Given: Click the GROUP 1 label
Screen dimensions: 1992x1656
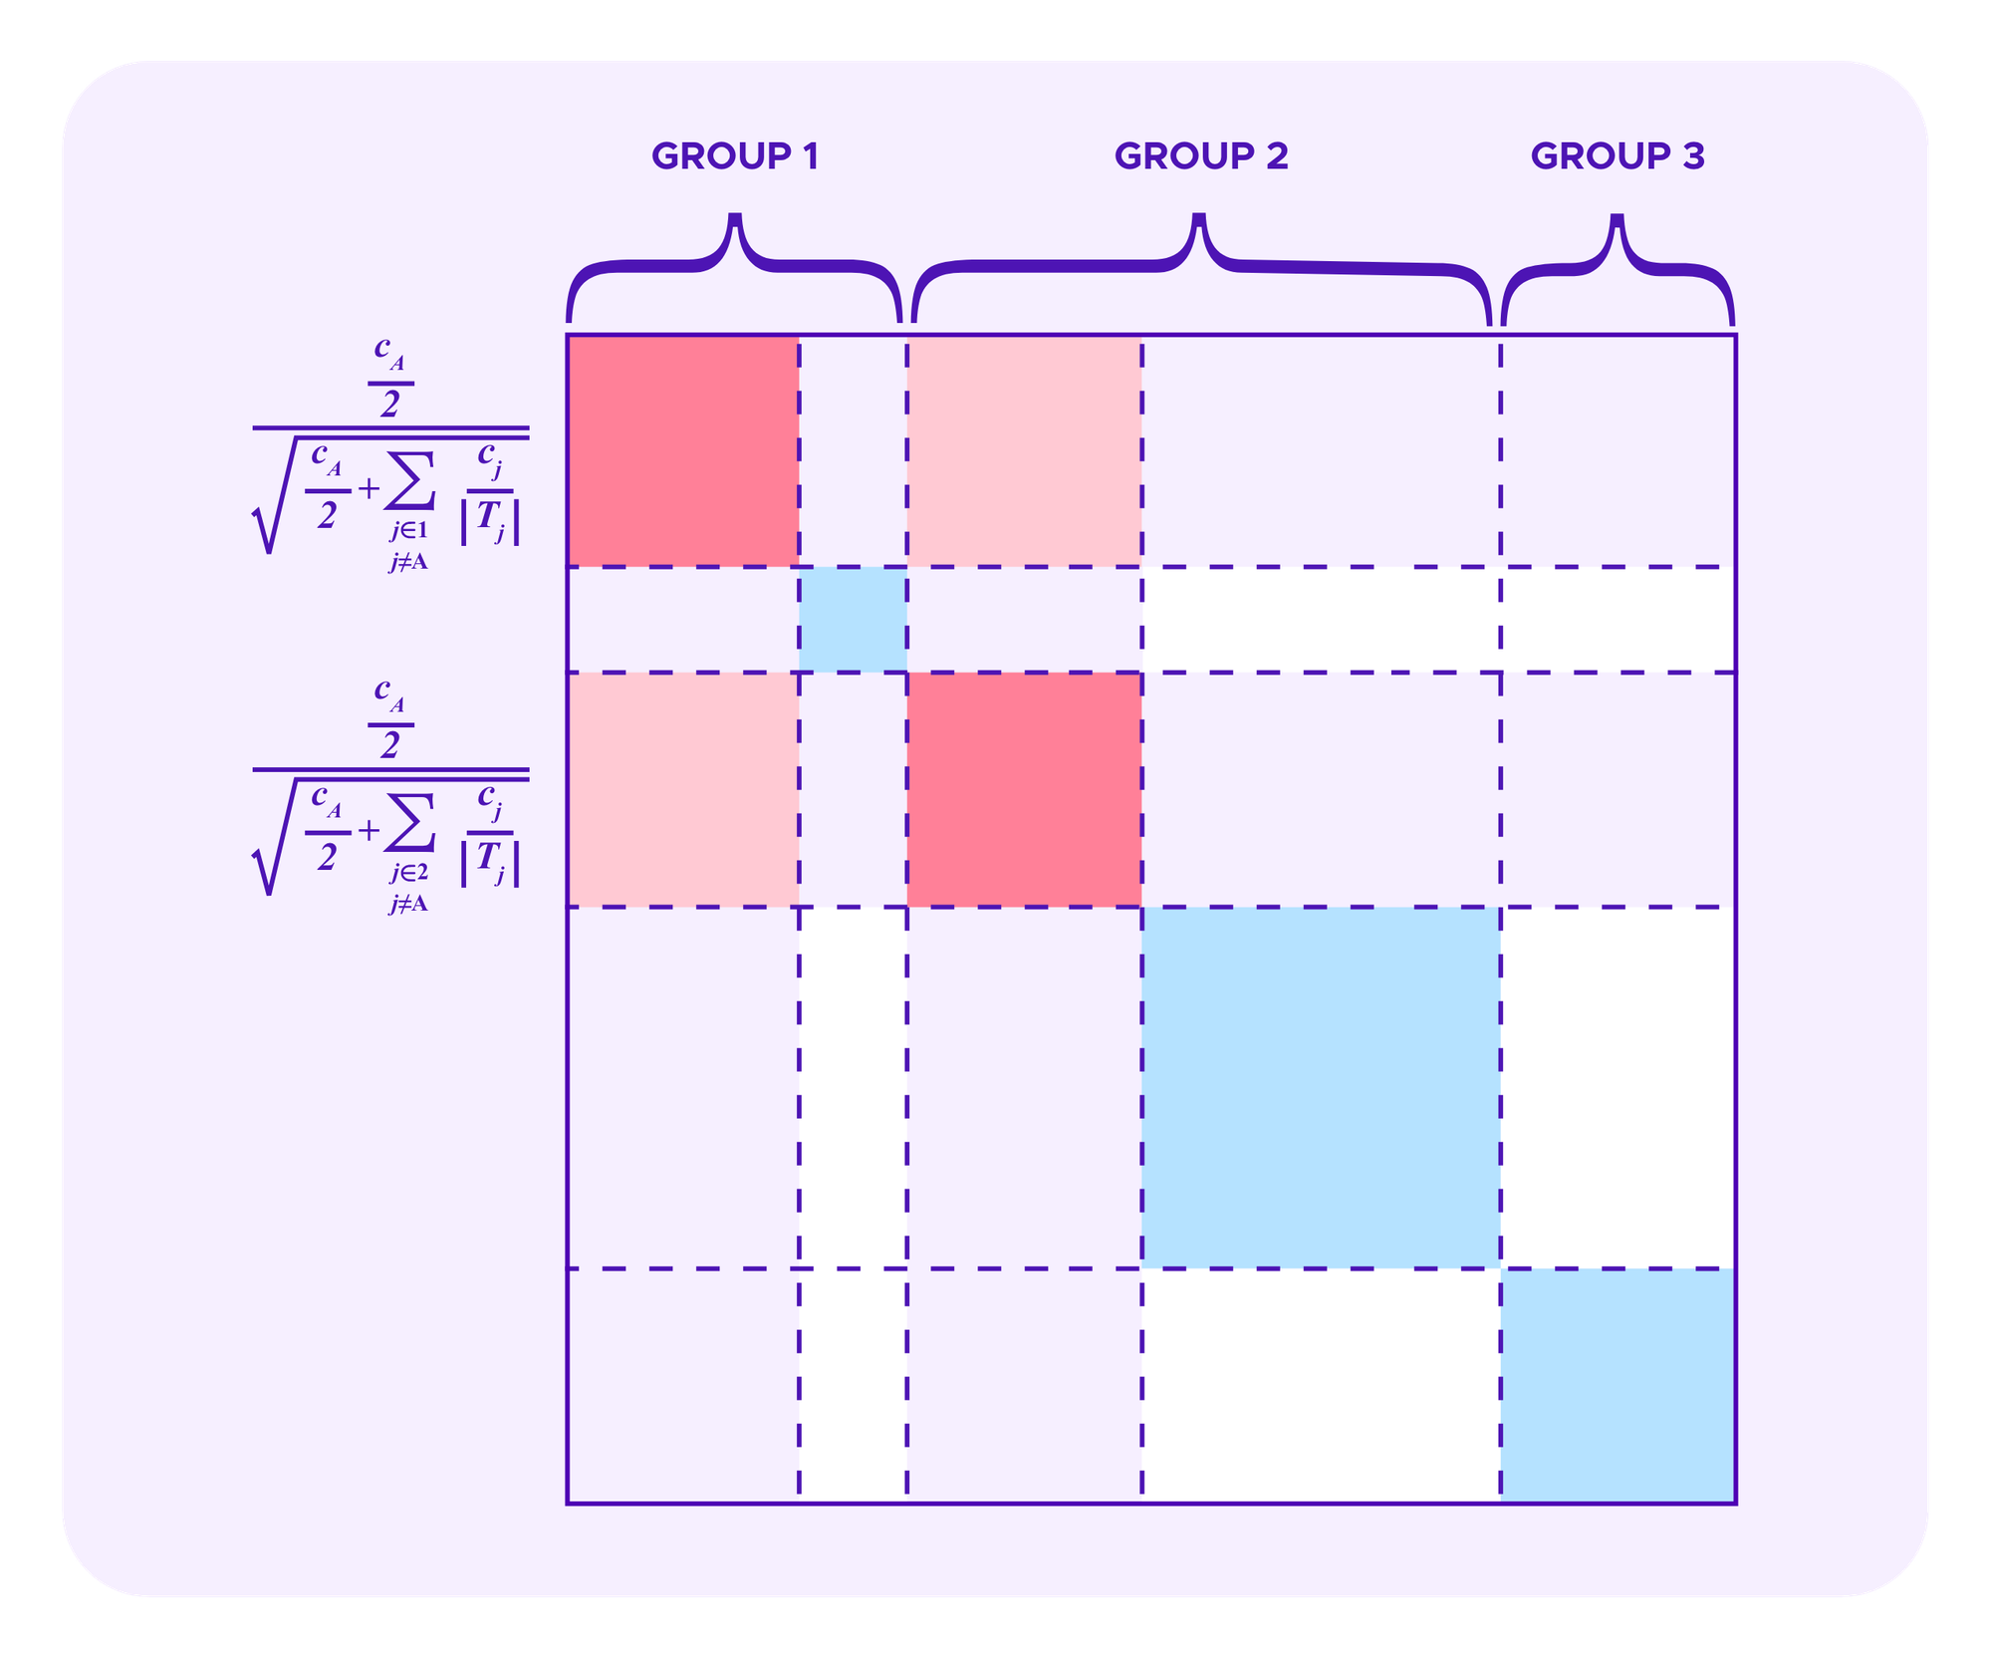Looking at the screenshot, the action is [x=734, y=156].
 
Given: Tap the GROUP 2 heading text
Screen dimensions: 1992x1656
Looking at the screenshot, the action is [x=1201, y=156].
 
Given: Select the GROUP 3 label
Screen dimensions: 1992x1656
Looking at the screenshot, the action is [x=1618, y=156].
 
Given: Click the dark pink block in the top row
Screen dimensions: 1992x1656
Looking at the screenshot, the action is [x=683, y=451].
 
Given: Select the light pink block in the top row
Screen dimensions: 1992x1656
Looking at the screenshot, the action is [x=1025, y=451].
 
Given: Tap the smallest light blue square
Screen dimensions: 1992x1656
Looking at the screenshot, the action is [x=853, y=620].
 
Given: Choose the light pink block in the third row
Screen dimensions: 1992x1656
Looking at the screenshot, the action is [x=683, y=789].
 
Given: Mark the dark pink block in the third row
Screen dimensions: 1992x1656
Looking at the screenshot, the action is [x=1025, y=789].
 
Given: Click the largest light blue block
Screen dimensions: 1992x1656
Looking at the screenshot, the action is [x=1321, y=1087].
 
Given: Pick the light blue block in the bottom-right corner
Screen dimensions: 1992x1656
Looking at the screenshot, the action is [x=1618, y=1385].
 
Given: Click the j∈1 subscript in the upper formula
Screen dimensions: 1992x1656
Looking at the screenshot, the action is [x=408, y=531].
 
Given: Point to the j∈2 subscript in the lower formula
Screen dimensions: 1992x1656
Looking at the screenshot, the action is [x=408, y=873].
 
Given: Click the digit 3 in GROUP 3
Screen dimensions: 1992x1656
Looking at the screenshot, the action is [x=1693, y=156].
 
